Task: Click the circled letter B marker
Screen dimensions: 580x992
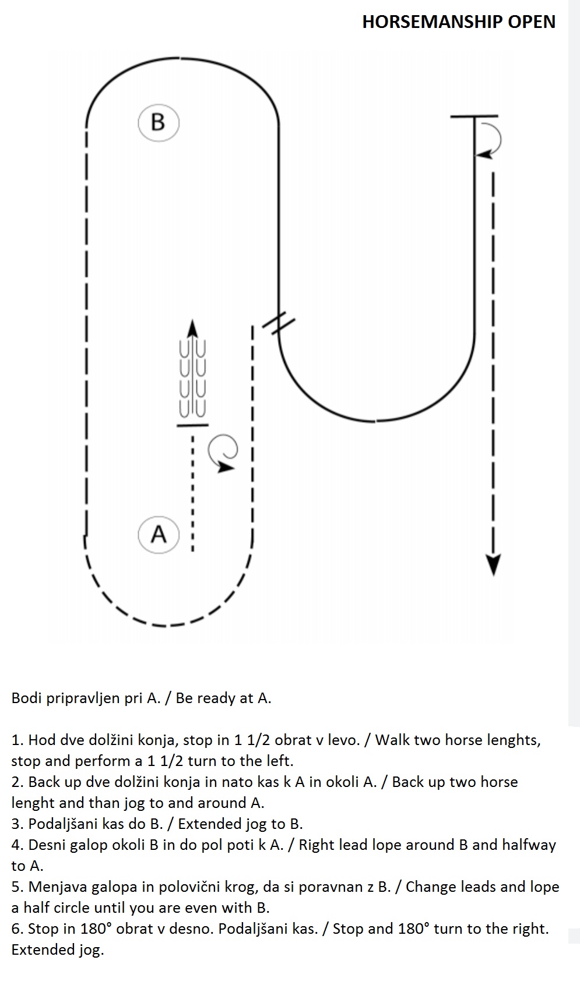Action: [159, 122]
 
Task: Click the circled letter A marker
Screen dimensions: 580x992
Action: [159, 535]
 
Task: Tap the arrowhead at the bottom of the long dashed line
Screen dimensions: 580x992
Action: [494, 565]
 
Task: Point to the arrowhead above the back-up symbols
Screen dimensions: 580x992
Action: [192, 329]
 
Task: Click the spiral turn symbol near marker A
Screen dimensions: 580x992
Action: [224, 453]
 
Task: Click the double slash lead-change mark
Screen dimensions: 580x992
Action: [279, 323]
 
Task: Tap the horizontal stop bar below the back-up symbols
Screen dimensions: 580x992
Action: [192, 425]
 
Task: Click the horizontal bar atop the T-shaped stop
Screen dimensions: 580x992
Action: [474, 117]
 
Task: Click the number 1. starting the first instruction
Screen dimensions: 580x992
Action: [17, 740]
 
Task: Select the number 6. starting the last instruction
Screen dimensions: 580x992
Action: [17, 929]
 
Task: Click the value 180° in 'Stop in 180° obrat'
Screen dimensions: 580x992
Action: [94, 929]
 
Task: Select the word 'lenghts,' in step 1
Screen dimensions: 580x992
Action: [514, 740]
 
